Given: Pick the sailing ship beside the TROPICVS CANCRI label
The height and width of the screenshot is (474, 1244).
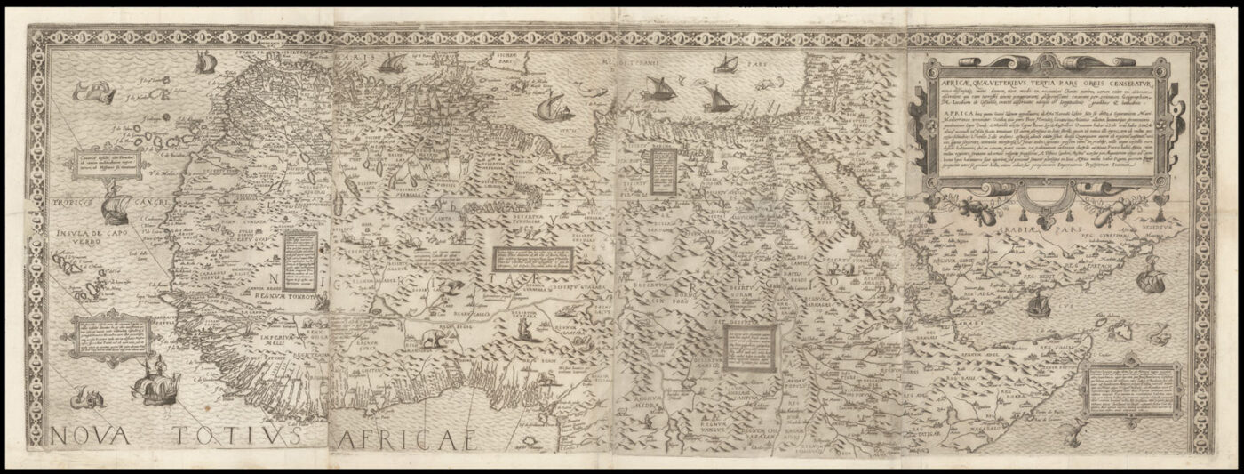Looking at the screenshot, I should point(116,206).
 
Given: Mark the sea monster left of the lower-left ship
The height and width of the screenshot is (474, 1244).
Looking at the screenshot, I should point(87,398).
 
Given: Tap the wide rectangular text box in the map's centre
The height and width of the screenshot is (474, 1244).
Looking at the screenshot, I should point(532,259).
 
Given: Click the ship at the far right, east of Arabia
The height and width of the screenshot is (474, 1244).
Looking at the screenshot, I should point(1147,275).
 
